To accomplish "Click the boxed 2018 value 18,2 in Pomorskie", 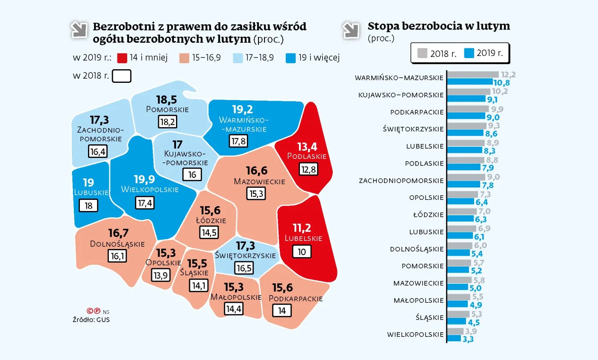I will pyautogui.click(x=167, y=122).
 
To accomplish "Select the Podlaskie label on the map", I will pyautogui.click(x=307, y=156).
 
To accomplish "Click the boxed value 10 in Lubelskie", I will pyautogui.click(x=302, y=252).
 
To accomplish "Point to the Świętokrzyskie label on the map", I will pyautogui.click(x=246, y=255).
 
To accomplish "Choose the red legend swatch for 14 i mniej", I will pyautogui.click(x=121, y=58).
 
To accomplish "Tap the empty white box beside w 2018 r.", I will pyautogui.click(x=121, y=76).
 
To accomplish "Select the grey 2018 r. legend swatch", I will pyautogui.click(x=422, y=53).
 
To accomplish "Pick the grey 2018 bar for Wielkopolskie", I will pyautogui.click(x=455, y=331).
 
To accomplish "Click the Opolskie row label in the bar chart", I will pyautogui.click(x=426, y=198).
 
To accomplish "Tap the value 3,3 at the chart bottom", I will pyautogui.click(x=468, y=339).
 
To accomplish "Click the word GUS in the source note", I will pyautogui.click(x=103, y=319).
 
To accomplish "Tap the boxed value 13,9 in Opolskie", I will pyautogui.click(x=160, y=275).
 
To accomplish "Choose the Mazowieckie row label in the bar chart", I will pyautogui.click(x=419, y=283).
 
